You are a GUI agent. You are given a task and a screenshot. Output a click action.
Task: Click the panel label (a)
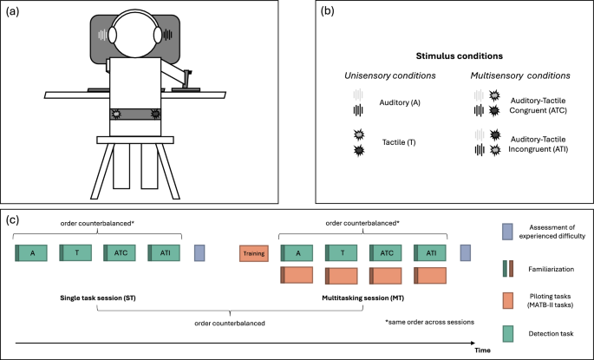tap(15, 12)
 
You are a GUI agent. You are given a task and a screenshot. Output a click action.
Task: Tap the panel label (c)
tap(14, 220)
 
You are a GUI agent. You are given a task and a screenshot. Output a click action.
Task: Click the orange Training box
tap(254, 253)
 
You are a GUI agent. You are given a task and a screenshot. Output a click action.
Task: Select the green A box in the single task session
tap(34, 253)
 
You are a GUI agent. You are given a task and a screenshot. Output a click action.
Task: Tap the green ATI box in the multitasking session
tap(431, 253)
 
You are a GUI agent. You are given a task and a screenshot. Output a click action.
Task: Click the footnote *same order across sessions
tap(429, 322)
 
